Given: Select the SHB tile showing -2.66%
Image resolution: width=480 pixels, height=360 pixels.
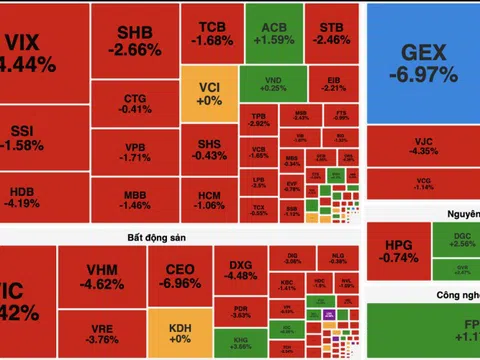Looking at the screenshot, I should pyautogui.click(x=135, y=40).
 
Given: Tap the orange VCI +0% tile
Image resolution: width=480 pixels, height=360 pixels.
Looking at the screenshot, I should pyautogui.click(x=210, y=94).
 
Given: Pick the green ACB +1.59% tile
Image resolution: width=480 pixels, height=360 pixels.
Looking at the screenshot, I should pyautogui.click(x=267, y=33).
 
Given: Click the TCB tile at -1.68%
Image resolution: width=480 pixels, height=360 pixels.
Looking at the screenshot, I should pyautogui.click(x=211, y=33).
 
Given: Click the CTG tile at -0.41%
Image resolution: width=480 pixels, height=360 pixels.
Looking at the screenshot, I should pyautogui.click(x=135, y=103).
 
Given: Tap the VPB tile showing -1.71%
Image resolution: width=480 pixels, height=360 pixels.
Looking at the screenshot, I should pyautogui.click(x=135, y=151).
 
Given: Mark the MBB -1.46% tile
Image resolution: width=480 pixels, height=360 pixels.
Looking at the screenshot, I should pyautogui.click(x=135, y=199).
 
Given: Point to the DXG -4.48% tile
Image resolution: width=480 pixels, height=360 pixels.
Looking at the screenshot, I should pyautogui.click(x=241, y=270).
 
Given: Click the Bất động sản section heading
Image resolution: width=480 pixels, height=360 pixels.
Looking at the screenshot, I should pyautogui.click(x=160, y=237).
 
